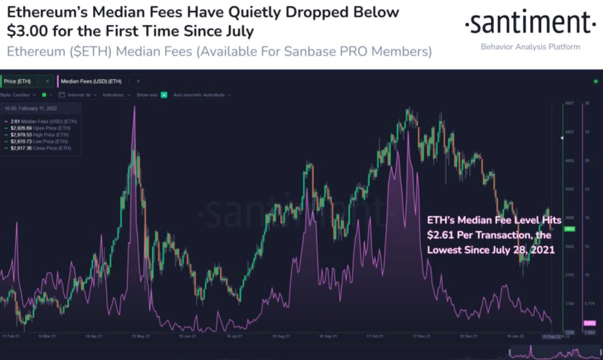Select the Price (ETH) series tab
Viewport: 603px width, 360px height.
click(17, 81)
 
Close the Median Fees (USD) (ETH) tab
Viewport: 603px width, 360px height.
click(138, 81)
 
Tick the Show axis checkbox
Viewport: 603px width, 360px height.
click(164, 95)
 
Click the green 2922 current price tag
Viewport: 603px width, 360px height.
click(569, 229)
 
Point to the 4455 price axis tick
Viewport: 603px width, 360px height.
click(569, 132)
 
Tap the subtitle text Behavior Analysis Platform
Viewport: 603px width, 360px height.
click(530, 47)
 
